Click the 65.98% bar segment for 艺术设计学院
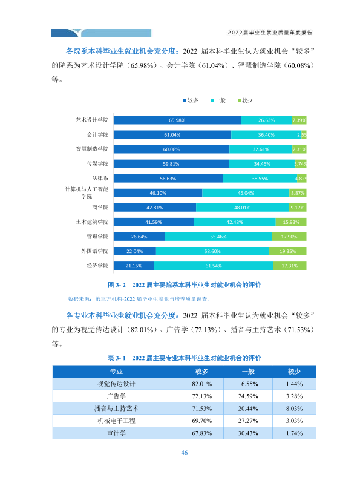click(177, 120)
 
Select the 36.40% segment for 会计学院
click(266, 135)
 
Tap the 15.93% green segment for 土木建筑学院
click(291, 222)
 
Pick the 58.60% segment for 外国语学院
click(212, 251)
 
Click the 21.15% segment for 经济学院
click(134, 266)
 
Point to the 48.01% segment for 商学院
click(242, 208)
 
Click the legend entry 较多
click(191, 100)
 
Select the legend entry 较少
click(245, 100)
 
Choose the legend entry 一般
click(218, 100)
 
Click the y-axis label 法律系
click(100, 178)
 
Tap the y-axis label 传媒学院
click(97, 163)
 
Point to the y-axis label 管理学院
click(97, 237)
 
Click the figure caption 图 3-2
click(117, 284)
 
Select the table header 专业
click(116, 372)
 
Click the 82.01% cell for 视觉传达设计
click(201, 384)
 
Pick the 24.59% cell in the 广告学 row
click(248, 396)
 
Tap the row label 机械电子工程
click(116, 421)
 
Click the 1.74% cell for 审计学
click(294, 433)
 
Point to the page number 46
click(185, 453)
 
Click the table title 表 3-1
click(117, 358)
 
